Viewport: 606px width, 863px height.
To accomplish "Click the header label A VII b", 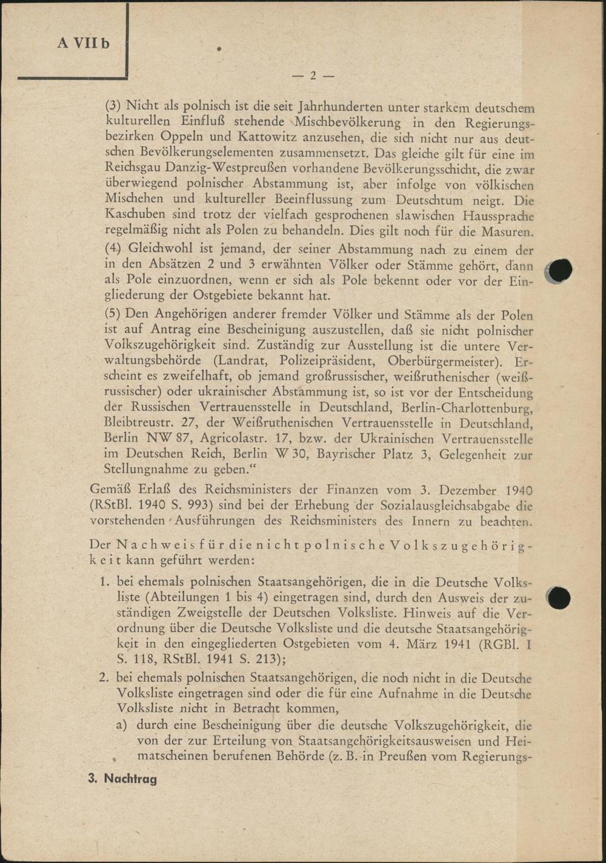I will point(84,44).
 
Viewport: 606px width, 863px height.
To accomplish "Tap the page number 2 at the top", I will point(313,76).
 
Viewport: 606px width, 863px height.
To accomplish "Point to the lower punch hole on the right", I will point(558,598).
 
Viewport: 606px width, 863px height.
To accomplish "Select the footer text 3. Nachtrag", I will point(122,779).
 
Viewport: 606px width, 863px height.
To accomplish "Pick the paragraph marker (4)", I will point(113,248).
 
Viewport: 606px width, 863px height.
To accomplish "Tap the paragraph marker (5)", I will point(113,314).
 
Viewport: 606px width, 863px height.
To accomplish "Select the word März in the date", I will point(425,644).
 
